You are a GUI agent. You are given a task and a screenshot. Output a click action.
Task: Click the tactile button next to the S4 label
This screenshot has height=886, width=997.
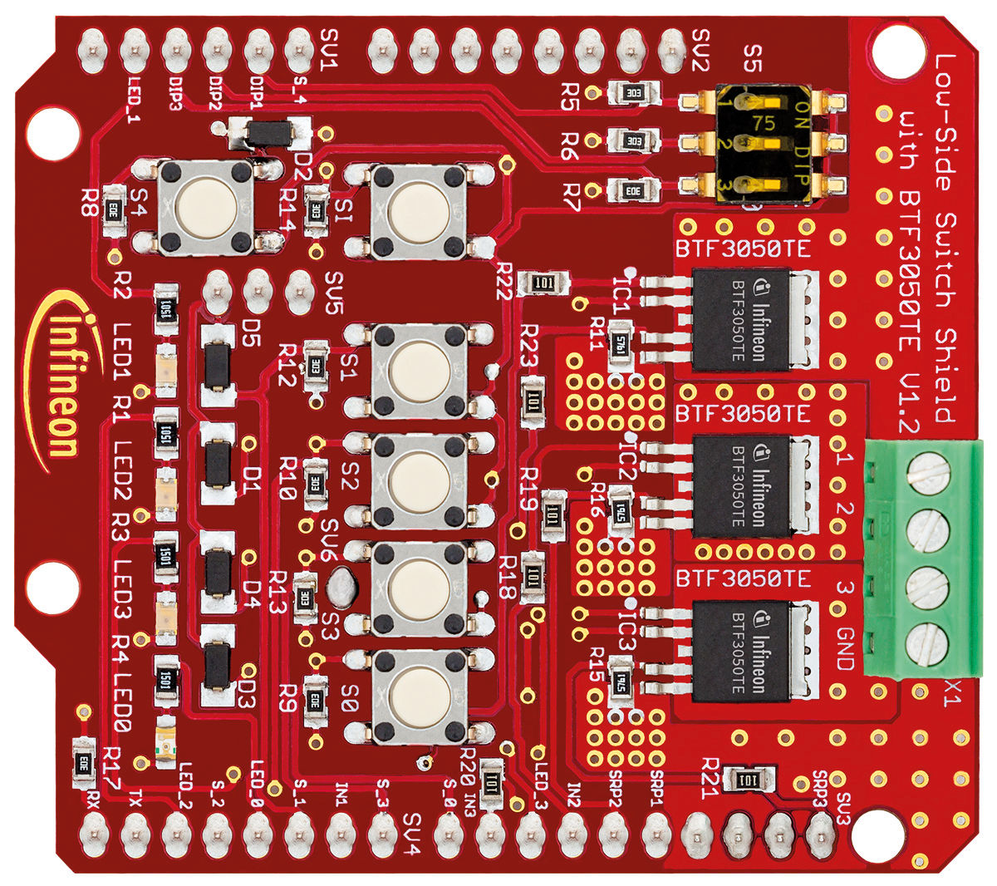point(206,207)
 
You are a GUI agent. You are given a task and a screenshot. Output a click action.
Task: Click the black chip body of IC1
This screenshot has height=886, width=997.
point(740,319)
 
